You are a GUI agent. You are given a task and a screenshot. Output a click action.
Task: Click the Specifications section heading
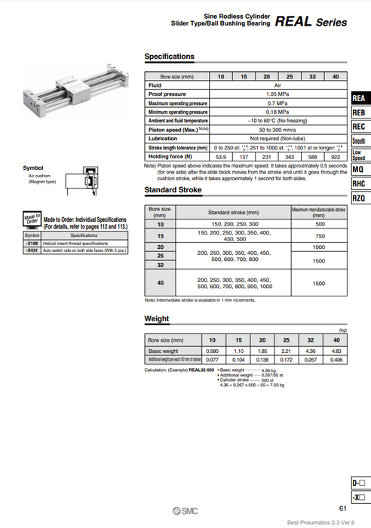point(169,57)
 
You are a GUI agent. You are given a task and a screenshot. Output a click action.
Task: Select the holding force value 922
point(335,156)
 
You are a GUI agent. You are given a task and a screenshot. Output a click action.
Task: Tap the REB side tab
point(359,112)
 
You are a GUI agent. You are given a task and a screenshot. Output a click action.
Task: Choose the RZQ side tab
point(359,198)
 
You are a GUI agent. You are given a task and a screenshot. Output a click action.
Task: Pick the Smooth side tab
point(359,141)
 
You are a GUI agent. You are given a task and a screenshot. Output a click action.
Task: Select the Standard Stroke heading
point(173,189)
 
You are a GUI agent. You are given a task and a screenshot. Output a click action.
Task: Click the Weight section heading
point(156,319)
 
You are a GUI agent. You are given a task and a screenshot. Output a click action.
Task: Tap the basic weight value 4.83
point(336,351)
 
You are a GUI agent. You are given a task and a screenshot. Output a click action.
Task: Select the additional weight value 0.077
point(212,360)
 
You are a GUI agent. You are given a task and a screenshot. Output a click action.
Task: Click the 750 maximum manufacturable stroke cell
point(318,236)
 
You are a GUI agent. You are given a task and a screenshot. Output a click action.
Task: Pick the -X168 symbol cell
point(32,244)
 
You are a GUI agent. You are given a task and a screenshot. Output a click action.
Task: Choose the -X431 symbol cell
point(32,250)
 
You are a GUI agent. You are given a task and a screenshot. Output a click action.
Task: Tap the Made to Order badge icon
point(32,220)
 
